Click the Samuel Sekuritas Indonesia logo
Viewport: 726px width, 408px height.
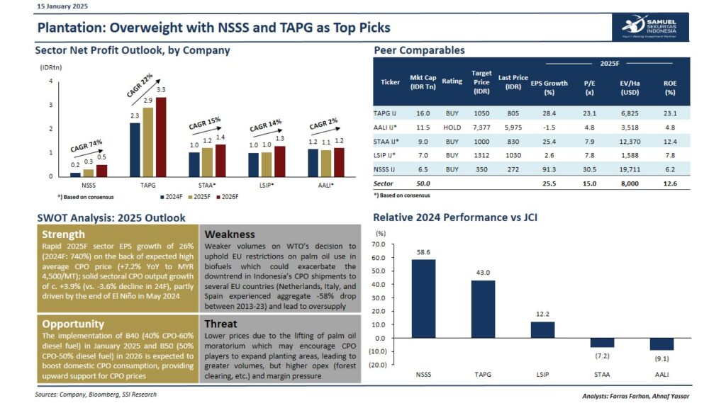tap(650, 27)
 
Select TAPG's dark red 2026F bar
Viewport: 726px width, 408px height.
tap(161, 137)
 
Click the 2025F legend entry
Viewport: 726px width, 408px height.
tap(199, 197)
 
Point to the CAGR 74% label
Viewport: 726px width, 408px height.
tap(86, 146)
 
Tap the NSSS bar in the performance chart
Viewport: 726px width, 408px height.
tap(423, 298)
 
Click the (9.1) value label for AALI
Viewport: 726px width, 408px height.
tap(661, 358)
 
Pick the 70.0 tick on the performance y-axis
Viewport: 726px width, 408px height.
tap(379, 244)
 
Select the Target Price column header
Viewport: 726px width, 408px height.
tap(481, 82)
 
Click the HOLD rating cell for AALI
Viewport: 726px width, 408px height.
tap(452, 127)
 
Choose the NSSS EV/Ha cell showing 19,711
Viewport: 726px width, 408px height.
tap(630, 169)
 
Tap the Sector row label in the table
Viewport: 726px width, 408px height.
tap(383, 183)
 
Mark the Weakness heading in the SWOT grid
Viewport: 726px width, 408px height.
tap(230, 234)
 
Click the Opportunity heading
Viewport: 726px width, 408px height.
tap(73, 324)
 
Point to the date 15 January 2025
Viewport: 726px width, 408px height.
tap(62, 6)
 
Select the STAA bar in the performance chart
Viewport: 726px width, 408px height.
tap(602, 342)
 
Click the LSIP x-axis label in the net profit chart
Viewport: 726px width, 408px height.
tap(266, 186)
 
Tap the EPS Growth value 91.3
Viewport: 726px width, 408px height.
tap(549, 169)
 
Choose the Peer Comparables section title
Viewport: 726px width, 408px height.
tap(419, 50)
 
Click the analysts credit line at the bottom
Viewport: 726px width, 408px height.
tap(636, 396)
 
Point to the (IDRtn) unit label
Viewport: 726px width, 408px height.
tap(51, 67)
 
